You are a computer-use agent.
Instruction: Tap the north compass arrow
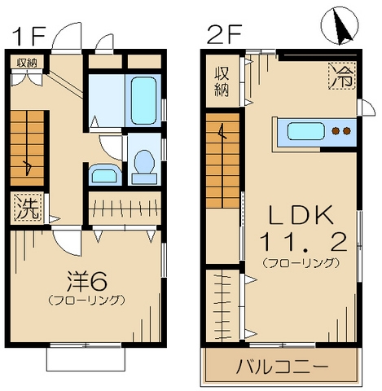pyautogui.click(x=343, y=30)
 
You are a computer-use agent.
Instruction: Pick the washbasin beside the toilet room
pyautogui.click(x=103, y=174)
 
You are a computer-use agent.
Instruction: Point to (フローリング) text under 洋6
pyautogui.click(x=86, y=300)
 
